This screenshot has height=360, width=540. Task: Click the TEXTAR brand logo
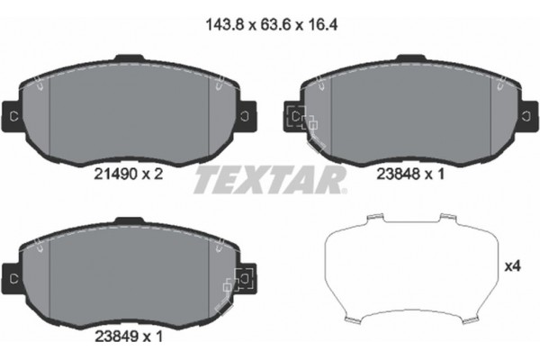point(269,178)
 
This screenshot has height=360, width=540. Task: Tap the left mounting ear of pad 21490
point(13,116)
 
